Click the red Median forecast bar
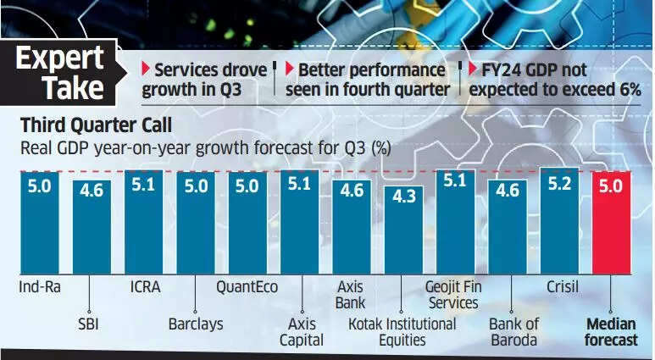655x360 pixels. pos(612,223)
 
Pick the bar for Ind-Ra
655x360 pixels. pos(39,223)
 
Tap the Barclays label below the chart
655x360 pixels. pos(195,324)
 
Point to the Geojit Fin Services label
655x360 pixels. pos(453,296)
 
